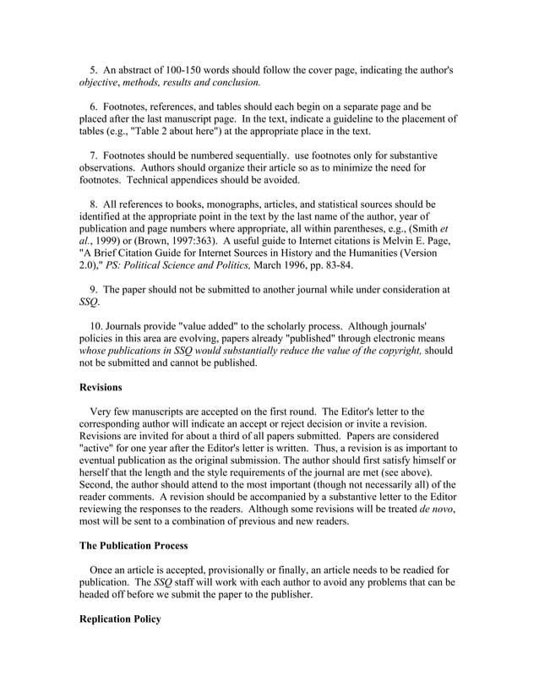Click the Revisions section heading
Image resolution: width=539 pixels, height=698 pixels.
point(101,387)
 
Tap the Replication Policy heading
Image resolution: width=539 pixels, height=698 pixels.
point(119,619)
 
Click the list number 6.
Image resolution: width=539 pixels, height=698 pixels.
point(94,107)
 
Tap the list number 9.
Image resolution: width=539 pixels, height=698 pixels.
point(94,289)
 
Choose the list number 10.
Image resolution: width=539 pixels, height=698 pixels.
point(96,325)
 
